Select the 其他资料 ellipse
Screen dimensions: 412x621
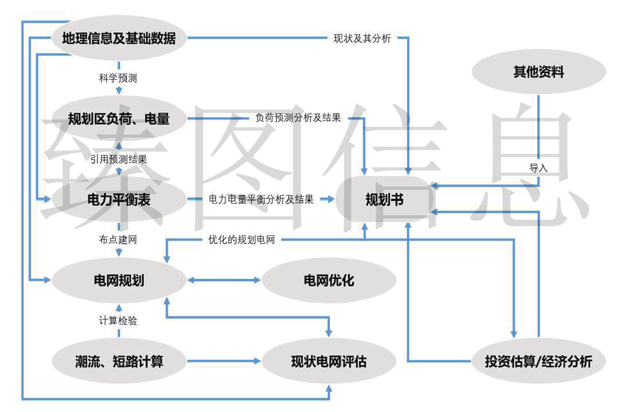538,72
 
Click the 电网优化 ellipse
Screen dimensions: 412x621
329,280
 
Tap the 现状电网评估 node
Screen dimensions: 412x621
329,361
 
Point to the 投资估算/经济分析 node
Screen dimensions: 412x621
538,361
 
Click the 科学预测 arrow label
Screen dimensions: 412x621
118,79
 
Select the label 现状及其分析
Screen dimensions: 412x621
362,38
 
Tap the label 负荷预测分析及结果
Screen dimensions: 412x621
298,119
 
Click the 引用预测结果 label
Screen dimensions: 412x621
118,160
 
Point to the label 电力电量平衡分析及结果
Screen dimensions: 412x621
261,199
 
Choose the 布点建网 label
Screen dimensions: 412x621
118,240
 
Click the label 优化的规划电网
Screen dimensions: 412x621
242,240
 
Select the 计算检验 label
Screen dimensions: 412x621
118,321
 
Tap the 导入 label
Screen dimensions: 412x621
538,168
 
